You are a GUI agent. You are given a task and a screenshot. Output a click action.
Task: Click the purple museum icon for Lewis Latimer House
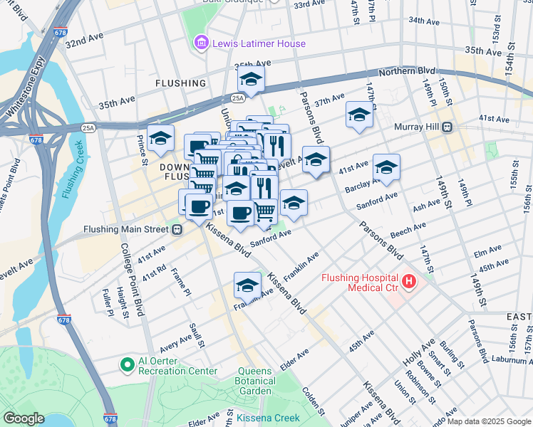click(202, 44)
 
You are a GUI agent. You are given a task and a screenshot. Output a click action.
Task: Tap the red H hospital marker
click(409, 283)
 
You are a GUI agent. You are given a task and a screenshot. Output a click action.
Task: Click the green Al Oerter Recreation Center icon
click(128, 365)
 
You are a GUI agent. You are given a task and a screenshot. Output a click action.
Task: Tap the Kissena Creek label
click(265, 418)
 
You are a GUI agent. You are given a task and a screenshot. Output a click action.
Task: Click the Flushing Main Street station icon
click(177, 229)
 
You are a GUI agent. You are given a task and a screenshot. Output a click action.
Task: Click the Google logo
click(24, 418)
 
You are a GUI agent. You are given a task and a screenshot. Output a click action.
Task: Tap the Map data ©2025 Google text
click(489, 421)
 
